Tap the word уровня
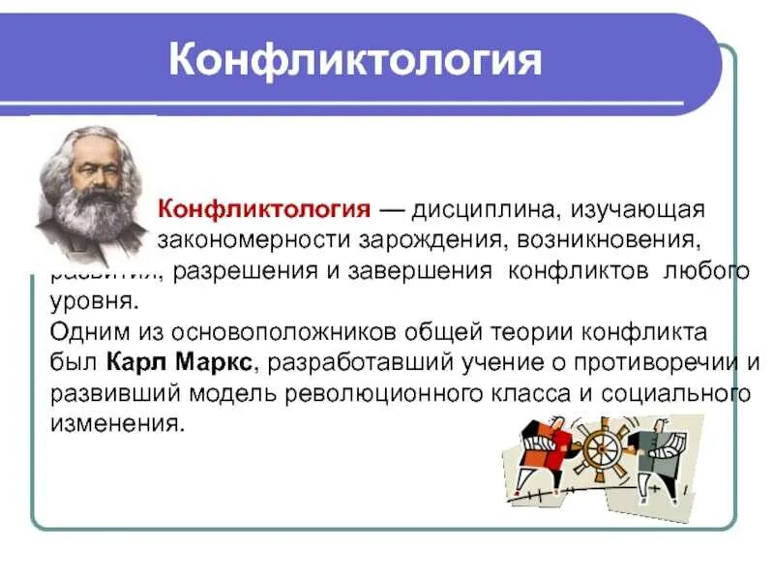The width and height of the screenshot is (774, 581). (x=85, y=300)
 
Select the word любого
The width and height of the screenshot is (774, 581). (x=706, y=271)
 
